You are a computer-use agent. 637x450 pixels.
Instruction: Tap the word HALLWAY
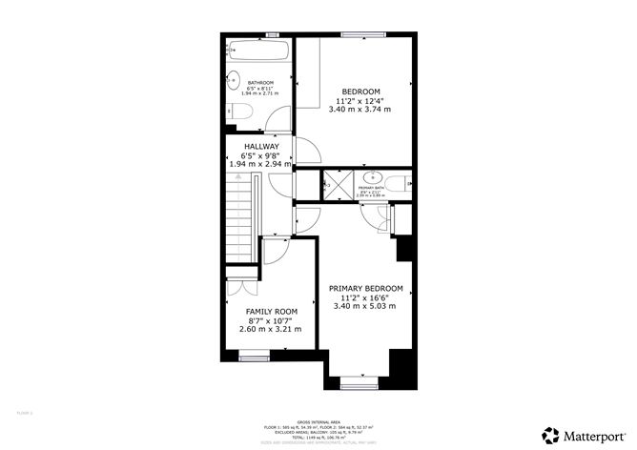coord(260,146)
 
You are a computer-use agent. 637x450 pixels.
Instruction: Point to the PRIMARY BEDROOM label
coord(365,288)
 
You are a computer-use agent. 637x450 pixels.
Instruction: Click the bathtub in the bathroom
coord(257,49)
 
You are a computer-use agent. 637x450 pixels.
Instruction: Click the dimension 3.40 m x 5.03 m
coord(364,306)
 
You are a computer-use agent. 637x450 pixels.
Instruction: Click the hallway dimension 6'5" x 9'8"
coord(260,155)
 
